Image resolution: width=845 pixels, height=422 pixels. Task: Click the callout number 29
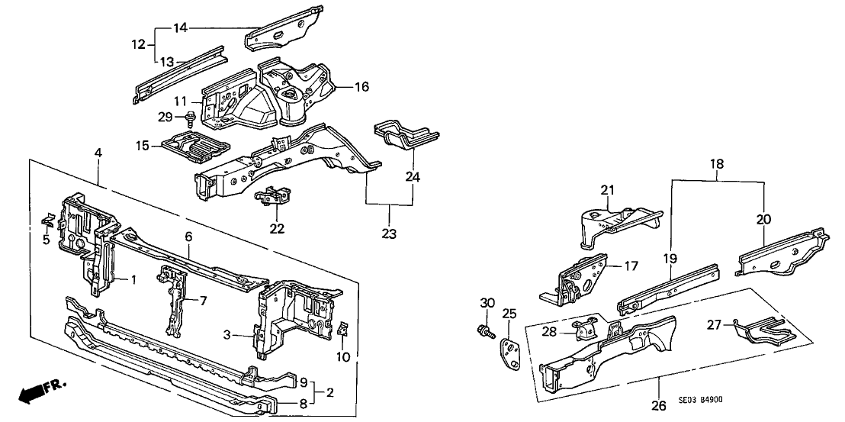[165, 117]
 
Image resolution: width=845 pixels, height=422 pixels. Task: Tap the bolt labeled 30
[484, 331]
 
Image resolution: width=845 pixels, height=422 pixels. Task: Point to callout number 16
[361, 88]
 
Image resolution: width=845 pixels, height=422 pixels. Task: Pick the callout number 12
[137, 45]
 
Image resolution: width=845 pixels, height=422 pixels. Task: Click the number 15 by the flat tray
[142, 144]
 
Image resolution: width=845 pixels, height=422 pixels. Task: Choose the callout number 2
[330, 394]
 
